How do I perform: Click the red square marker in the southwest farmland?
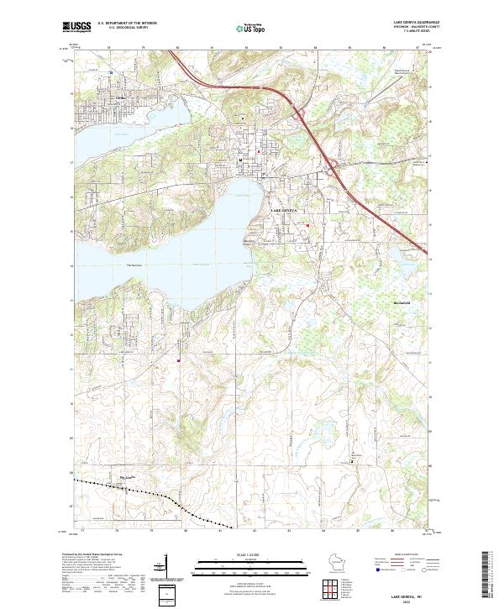[179, 362]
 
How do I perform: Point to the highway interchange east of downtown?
[333, 165]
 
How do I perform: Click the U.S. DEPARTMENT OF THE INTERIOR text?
[126, 24]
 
